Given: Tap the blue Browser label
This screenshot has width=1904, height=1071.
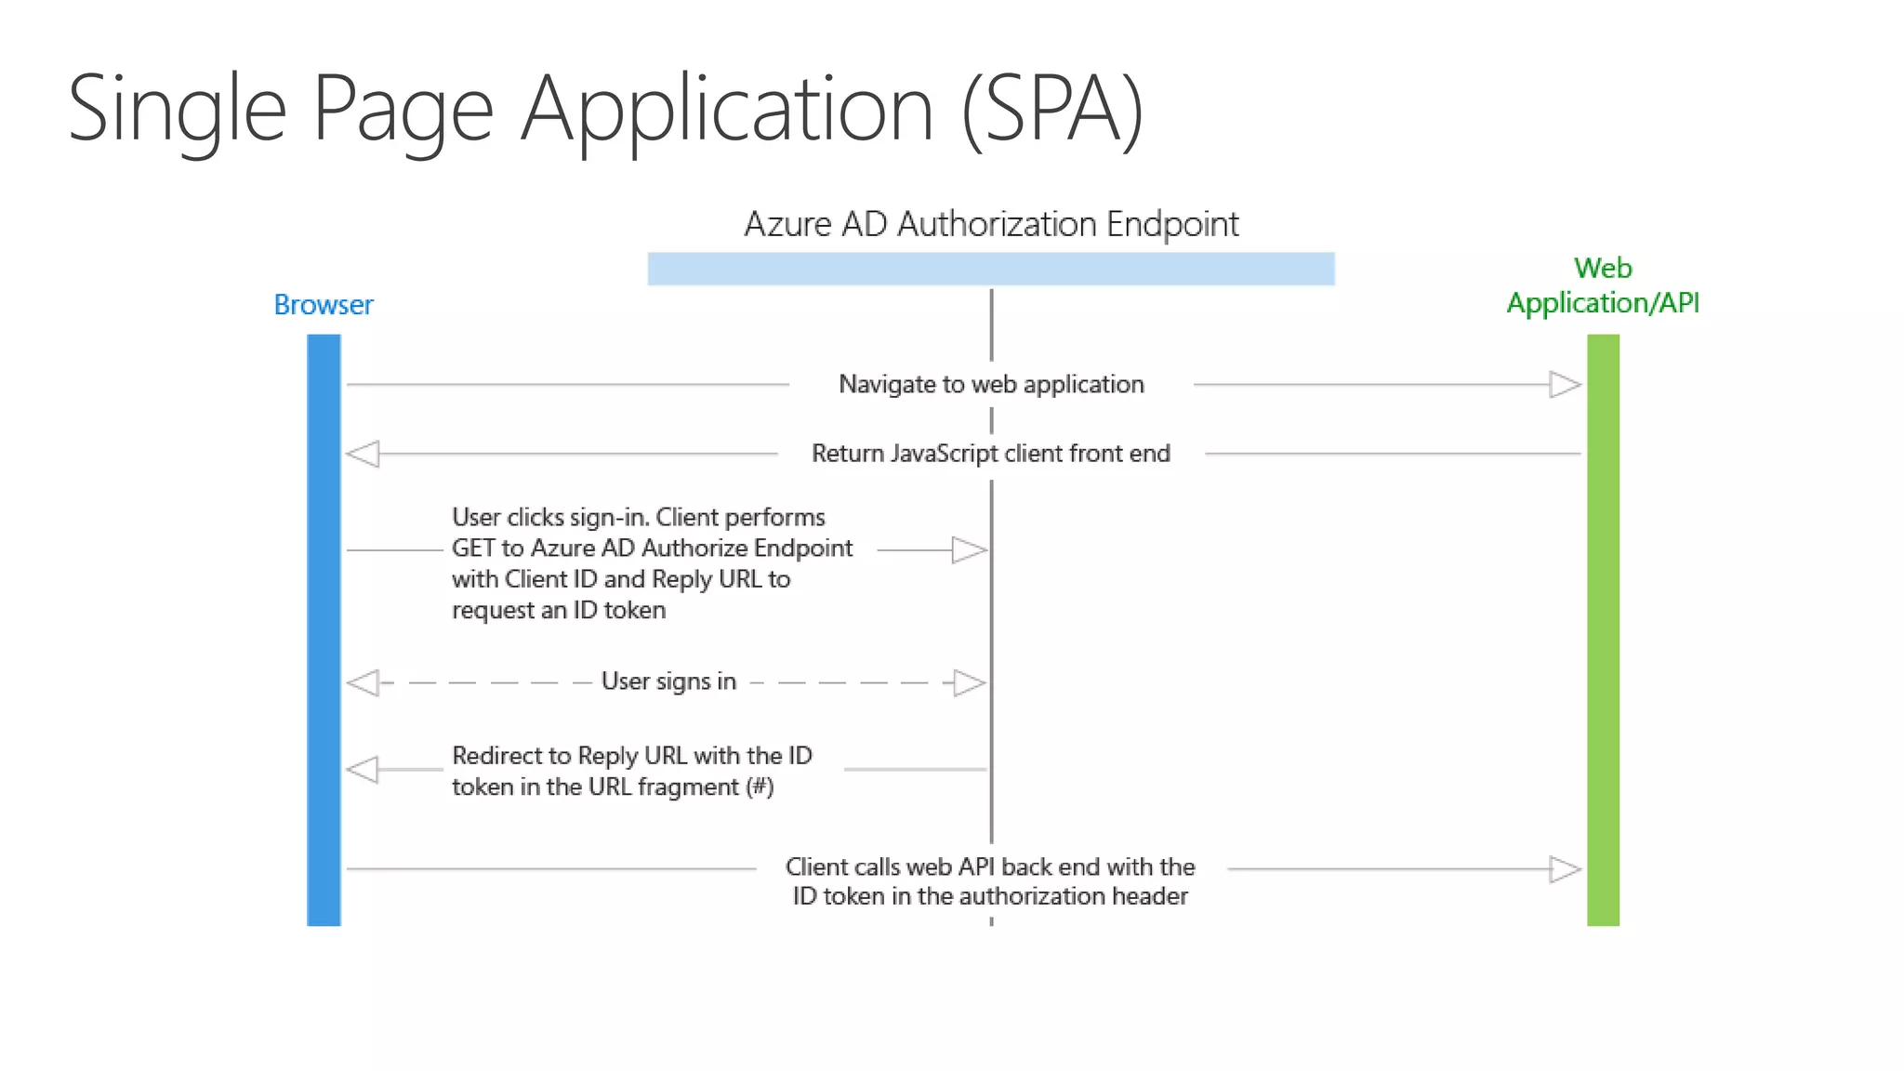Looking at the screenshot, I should (x=323, y=305).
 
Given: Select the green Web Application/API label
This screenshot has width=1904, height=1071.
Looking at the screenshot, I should (x=1602, y=285).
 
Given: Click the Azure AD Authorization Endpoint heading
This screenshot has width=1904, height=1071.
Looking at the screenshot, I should (x=991, y=224).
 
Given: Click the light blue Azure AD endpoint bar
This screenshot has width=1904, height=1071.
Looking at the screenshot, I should (x=991, y=269).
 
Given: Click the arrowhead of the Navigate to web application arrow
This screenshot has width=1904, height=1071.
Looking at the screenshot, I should (x=1565, y=384).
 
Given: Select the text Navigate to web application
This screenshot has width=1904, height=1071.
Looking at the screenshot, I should (x=991, y=384).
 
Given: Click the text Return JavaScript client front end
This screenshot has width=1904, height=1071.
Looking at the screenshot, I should (x=991, y=454).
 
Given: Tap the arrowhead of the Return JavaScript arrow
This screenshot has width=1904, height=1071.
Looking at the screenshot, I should (x=364, y=454).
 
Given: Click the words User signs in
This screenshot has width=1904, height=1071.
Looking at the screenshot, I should (x=668, y=681).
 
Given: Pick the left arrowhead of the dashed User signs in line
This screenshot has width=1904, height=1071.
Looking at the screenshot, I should (x=364, y=683).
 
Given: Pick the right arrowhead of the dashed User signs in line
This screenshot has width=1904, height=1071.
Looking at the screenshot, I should (x=969, y=683).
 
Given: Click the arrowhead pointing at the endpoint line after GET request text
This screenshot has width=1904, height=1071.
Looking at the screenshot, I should (x=969, y=550).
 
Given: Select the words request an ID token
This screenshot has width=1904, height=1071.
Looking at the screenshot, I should (x=559, y=611).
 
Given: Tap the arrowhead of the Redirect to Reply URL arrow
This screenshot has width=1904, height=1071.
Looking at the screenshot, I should (x=364, y=770).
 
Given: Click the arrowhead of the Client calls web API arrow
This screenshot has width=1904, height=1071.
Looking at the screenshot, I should (x=1565, y=869).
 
